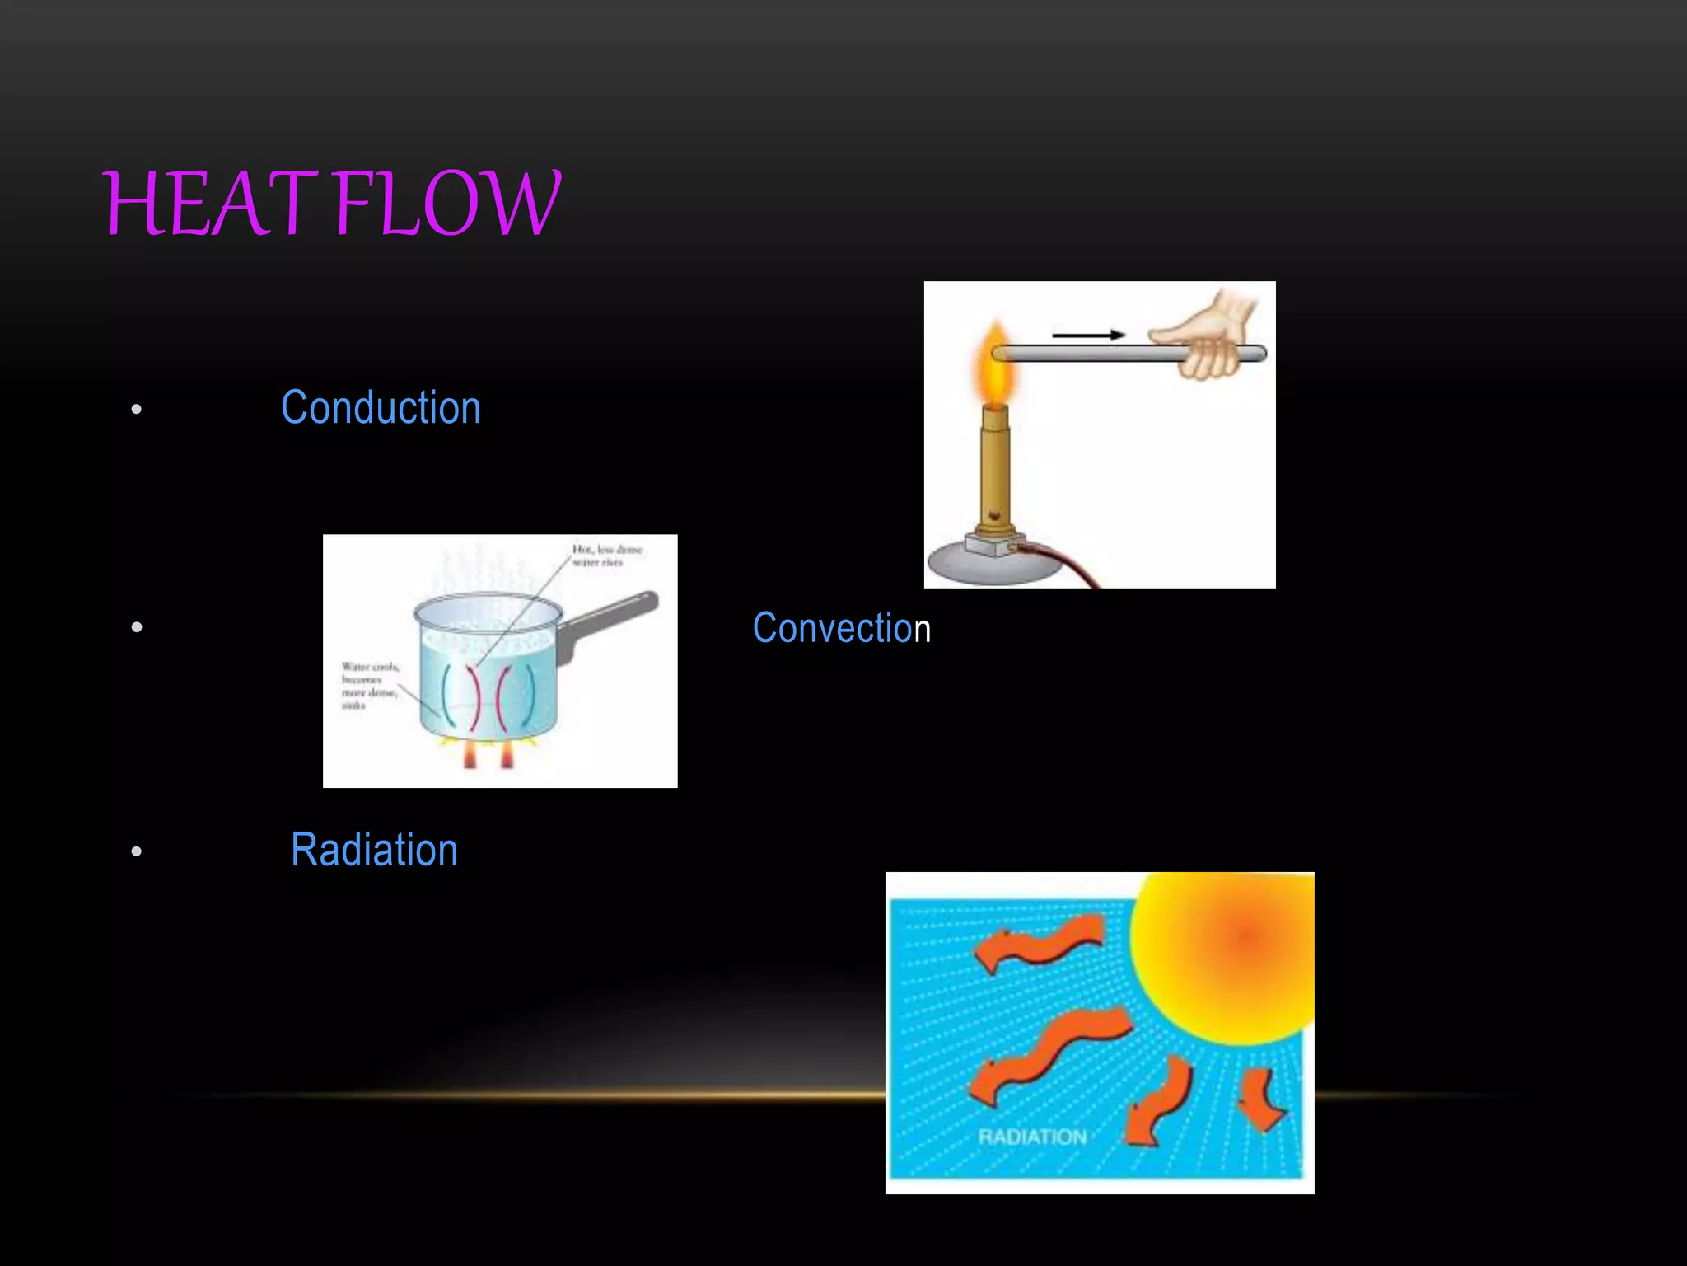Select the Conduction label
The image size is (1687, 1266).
(381, 408)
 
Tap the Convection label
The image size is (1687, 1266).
(841, 628)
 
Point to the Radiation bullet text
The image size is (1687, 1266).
(374, 850)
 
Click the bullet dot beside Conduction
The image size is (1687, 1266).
(137, 409)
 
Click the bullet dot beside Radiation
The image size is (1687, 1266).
(137, 851)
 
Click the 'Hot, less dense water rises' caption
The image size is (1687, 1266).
(607, 556)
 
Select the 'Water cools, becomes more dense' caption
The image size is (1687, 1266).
(369, 685)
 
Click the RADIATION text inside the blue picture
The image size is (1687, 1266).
(1032, 1137)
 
